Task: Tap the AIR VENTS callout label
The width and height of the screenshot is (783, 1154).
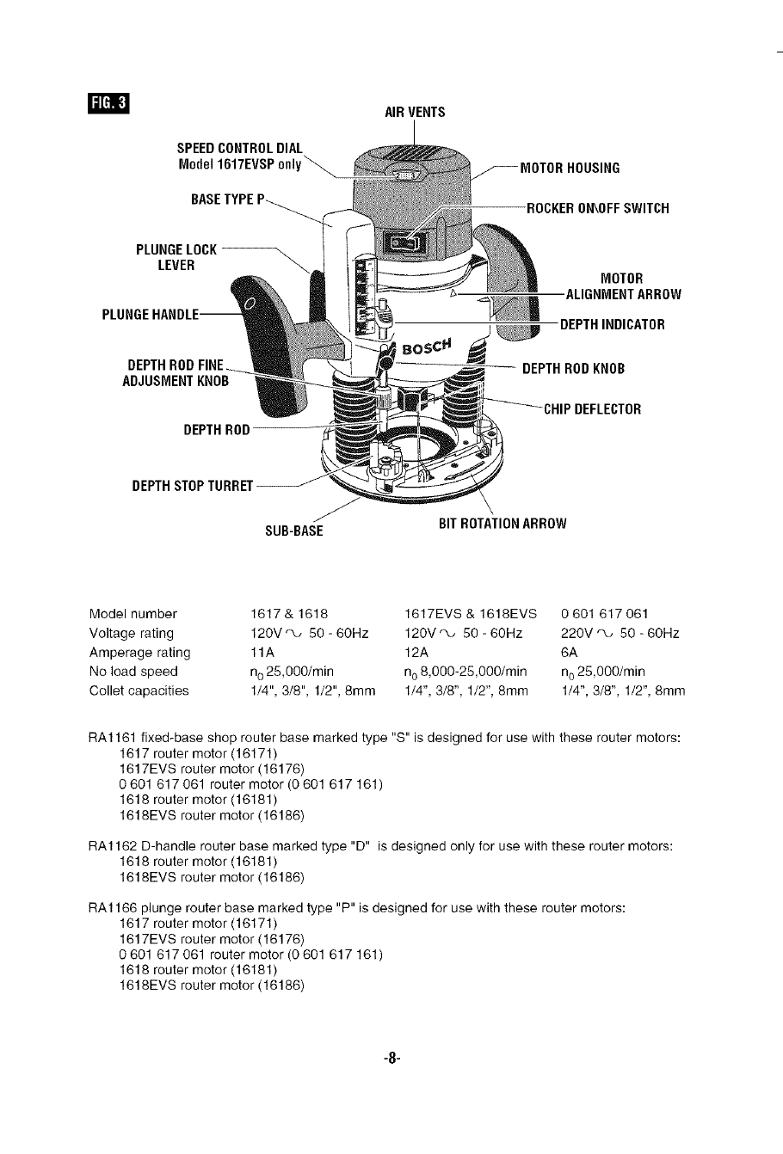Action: coord(415,112)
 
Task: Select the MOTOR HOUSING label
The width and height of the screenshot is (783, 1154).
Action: coord(570,168)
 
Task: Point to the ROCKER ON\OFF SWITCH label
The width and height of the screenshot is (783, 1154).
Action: coord(598,208)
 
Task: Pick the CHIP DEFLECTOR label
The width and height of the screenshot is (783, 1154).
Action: coord(592,408)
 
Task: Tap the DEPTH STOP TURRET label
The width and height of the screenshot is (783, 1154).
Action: coord(192,487)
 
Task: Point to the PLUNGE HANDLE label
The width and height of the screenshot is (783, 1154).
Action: coord(150,314)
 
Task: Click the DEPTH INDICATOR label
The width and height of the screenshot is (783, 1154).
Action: coord(613,324)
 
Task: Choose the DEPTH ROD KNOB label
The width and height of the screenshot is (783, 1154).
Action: coord(573,369)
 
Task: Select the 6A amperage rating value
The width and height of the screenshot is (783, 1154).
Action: coord(569,653)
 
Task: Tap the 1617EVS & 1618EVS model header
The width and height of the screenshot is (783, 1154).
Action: coord(470,614)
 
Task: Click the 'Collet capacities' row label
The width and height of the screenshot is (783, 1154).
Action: coord(139,691)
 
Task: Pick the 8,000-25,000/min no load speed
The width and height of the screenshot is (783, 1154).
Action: coord(465,672)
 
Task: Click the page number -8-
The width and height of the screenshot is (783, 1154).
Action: coord(391,1059)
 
